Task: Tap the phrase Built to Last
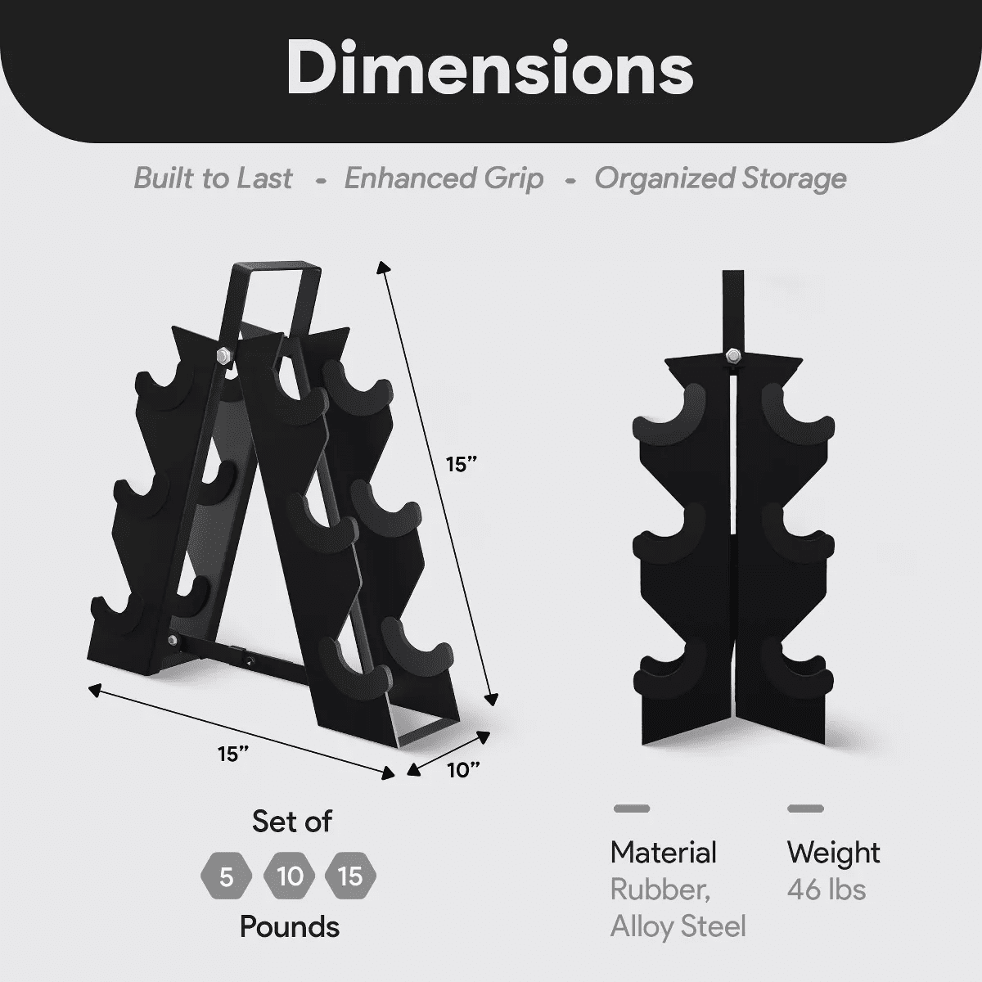[213, 178]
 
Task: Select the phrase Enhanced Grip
[444, 178]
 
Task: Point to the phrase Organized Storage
[720, 178]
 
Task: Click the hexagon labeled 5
[227, 877]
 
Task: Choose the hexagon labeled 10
[290, 877]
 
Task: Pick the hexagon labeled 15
[350, 877]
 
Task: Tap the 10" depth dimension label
[463, 770]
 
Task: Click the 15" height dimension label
[461, 464]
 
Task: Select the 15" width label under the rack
[233, 753]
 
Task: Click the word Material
[663, 853]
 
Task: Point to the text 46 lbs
[826, 890]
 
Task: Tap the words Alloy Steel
[678, 926]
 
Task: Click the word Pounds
[290, 926]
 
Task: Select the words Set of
[291, 821]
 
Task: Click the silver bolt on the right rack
[732, 355]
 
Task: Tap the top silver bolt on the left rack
[223, 355]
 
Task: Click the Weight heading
[833, 853]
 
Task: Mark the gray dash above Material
[632, 809]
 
